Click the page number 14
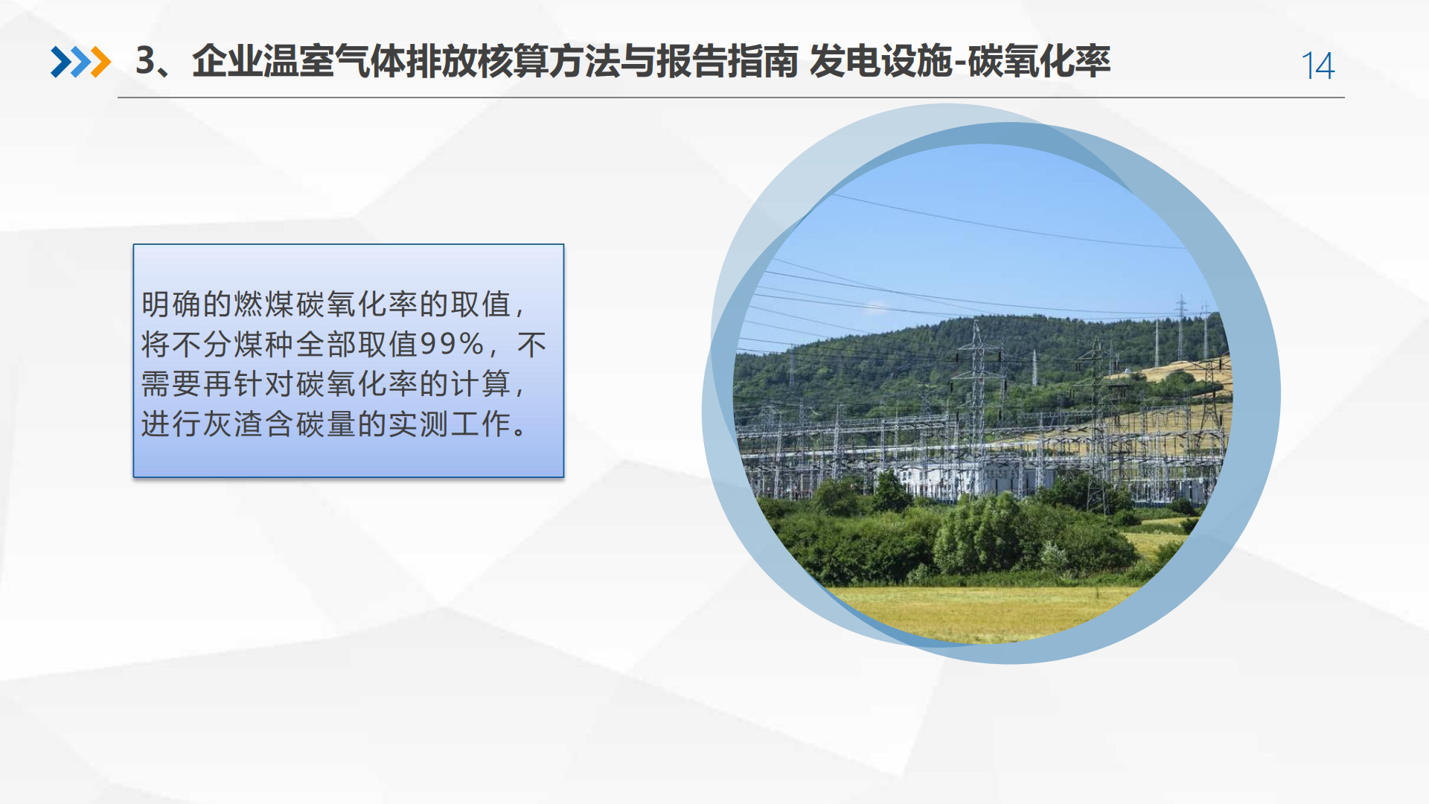1317,66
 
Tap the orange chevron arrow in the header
100,62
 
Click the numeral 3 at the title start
146,61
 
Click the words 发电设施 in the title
880,61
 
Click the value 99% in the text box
453,344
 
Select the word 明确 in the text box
171,304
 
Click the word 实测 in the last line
419,424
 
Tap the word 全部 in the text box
326,344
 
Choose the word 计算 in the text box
481,384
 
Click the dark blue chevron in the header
60,62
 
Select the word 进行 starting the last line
171,424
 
